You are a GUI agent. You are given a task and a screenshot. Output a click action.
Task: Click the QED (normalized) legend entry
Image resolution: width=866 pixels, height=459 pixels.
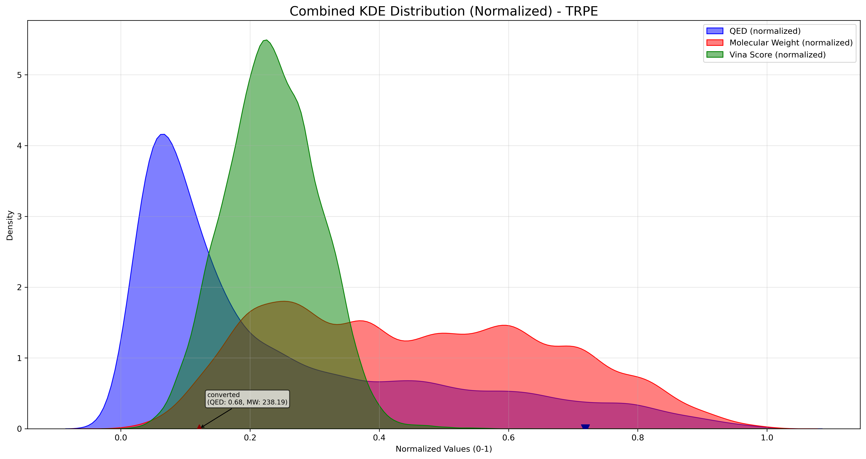(765, 31)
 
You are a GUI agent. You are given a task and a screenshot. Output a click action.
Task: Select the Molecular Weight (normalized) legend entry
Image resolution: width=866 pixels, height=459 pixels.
(791, 43)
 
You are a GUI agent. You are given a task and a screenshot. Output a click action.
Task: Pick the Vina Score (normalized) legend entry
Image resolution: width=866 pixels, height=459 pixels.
(777, 55)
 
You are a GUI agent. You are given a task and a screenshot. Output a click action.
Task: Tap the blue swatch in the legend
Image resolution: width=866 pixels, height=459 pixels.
(715, 31)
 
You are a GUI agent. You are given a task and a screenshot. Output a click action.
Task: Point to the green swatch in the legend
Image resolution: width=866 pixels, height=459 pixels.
(715, 55)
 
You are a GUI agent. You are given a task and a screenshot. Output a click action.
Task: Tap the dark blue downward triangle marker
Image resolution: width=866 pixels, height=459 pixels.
(585, 427)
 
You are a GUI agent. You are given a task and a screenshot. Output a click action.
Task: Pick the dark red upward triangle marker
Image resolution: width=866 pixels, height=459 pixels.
(199, 427)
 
